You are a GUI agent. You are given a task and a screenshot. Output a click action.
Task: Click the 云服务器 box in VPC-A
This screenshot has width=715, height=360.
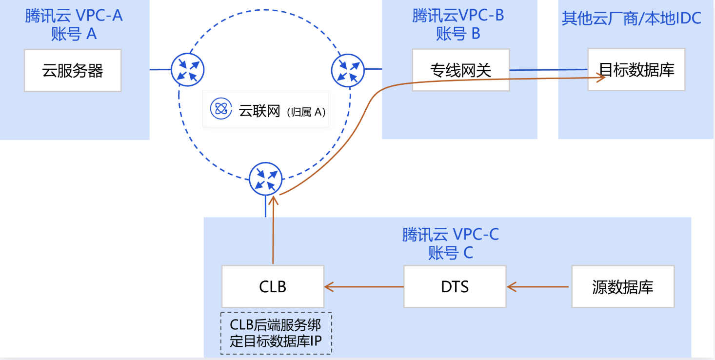coord(73,70)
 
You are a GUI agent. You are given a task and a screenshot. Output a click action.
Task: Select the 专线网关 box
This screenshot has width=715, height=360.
coord(460,70)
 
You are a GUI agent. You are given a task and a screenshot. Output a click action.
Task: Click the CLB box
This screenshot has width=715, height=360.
coord(273,286)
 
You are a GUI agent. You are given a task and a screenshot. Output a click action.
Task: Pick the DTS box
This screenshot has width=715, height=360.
coord(455,286)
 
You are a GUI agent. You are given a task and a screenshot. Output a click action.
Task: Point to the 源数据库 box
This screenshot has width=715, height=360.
coord(622,286)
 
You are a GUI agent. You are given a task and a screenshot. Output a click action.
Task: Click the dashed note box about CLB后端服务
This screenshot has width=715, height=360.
coord(276,333)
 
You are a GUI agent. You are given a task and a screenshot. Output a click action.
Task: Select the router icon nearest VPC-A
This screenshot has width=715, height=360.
coord(187,69)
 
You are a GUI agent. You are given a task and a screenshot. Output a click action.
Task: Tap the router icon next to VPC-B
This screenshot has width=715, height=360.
coord(348,69)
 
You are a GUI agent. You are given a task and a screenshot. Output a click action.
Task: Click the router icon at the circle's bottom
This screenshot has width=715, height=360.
coord(265,179)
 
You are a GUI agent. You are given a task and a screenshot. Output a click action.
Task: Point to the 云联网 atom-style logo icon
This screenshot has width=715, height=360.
coord(221,109)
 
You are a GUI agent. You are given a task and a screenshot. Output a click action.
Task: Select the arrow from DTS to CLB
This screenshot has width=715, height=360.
coord(364,287)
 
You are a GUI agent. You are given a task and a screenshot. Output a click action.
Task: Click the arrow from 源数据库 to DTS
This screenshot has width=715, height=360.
coord(538,287)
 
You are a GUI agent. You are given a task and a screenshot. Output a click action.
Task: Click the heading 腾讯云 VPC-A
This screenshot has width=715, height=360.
coord(74,16)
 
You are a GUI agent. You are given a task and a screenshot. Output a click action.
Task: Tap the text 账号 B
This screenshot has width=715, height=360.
coord(458,34)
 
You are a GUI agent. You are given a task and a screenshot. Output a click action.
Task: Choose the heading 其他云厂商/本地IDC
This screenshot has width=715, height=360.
coord(631,18)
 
